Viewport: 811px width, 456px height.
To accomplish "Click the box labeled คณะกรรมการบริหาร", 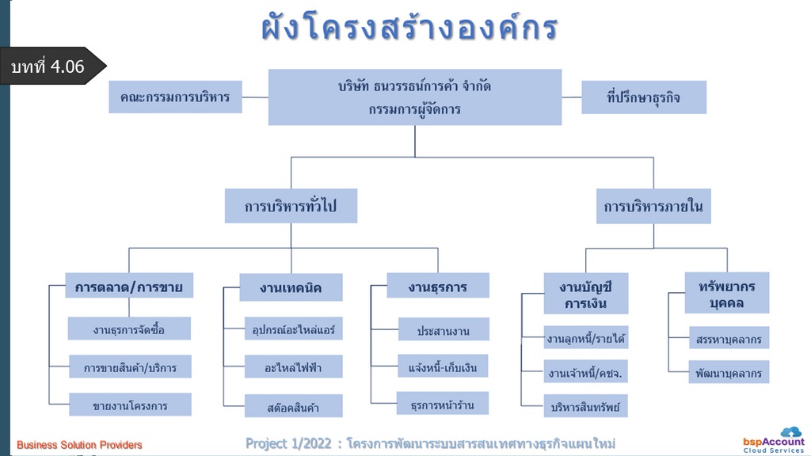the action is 175,97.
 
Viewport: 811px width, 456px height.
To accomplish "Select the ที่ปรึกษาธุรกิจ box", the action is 644,97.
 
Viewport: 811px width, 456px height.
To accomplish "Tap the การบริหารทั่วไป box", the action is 291,206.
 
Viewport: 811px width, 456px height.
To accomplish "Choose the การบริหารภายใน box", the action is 653,207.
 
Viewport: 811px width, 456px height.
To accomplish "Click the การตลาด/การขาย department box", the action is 129,285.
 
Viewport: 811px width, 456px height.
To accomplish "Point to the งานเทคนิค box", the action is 291,287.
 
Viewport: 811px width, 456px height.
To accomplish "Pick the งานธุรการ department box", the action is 438,285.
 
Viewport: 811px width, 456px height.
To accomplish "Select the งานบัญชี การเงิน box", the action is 586,293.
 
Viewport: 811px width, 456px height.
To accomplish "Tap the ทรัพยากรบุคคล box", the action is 727,293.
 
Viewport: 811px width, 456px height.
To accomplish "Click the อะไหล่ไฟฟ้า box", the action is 293,367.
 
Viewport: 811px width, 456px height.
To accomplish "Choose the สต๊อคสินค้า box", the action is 293,406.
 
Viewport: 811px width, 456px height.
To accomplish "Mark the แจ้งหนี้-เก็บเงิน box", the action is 443,366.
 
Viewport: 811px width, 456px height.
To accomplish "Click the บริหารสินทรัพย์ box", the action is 585,406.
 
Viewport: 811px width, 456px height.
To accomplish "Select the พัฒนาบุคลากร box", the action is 729,372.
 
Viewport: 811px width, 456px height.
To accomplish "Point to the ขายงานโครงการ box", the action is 131,405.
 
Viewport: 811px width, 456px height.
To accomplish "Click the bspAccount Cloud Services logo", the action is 775,440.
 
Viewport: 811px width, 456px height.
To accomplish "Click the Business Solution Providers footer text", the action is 79,445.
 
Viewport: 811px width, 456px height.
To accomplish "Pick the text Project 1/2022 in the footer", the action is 288,443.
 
